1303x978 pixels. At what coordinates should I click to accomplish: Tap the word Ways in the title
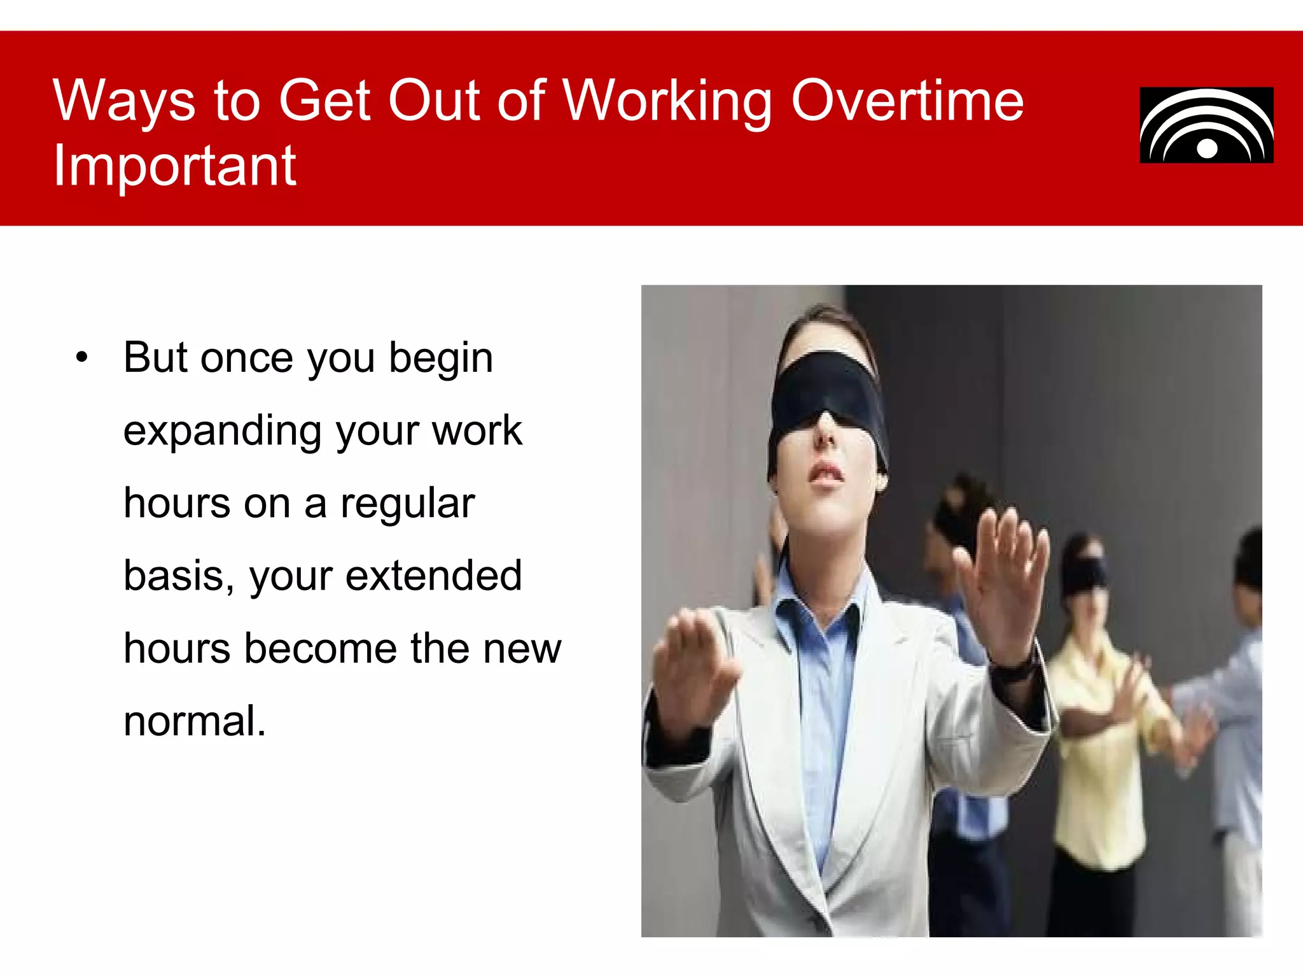[x=123, y=102]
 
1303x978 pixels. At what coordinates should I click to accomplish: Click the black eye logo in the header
[x=1206, y=125]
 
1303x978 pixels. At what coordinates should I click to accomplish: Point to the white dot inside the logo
[x=1207, y=148]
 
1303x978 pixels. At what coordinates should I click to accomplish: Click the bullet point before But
[x=81, y=358]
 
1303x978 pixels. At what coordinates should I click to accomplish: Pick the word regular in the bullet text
[x=407, y=504]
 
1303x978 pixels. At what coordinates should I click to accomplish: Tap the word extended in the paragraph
[x=433, y=576]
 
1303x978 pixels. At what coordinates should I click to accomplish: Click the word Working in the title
[x=668, y=102]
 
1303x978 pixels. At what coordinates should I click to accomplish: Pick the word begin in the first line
[x=441, y=358]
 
